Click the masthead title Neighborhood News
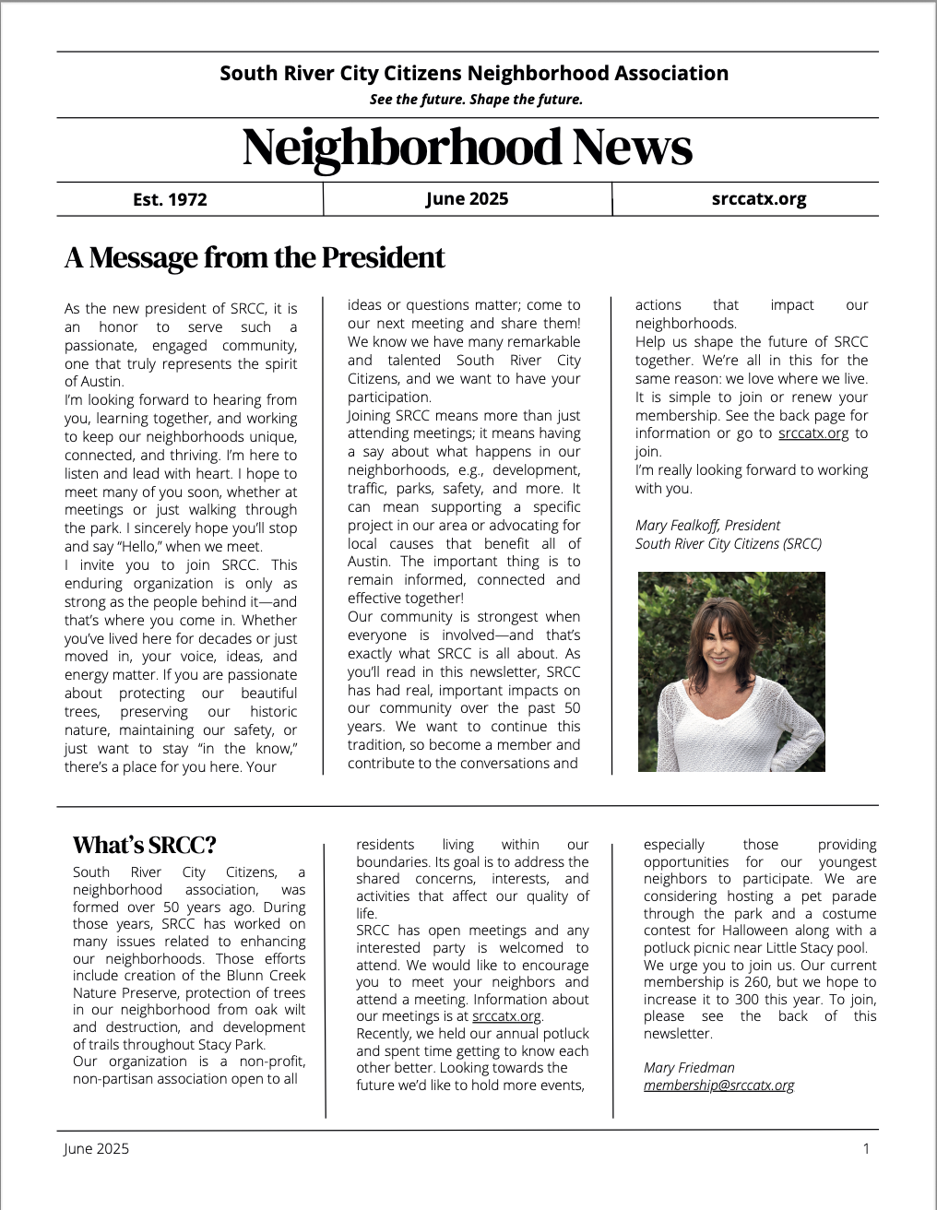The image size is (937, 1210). pyautogui.click(x=467, y=148)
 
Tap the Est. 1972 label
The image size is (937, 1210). pyautogui.click(x=170, y=199)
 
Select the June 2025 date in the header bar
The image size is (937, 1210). pyautogui.click(x=467, y=198)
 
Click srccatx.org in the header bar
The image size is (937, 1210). pyautogui.click(x=759, y=198)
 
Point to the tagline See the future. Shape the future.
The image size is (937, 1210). pyautogui.click(x=476, y=100)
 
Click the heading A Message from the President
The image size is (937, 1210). pyautogui.click(x=255, y=257)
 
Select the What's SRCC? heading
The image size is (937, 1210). pyautogui.click(x=145, y=845)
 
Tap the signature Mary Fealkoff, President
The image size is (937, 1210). pyautogui.click(x=707, y=525)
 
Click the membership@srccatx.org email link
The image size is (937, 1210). pyautogui.click(x=718, y=1085)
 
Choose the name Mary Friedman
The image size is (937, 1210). pyautogui.click(x=689, y=1067)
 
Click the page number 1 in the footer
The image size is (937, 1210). pyautogui.click(x=866, y=1148)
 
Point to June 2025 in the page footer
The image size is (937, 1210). pyautogui.click(x=97, y=1148)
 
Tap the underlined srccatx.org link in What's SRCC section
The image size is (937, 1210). pyautogui.click(x=506, y=1016)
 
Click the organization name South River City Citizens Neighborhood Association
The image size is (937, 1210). pyautogui.click(x=474, y=74)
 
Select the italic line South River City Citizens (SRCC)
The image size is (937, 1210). pyautogui.click(x=728, y=543)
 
